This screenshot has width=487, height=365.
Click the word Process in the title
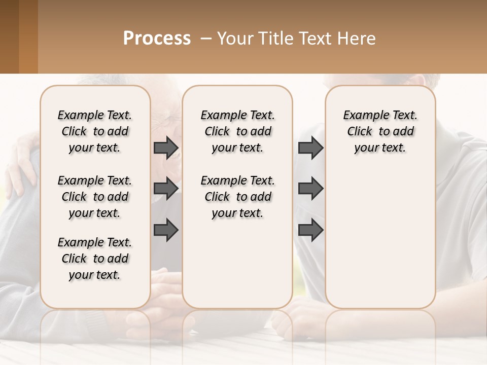click(x=157, y=39)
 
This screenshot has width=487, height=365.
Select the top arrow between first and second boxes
click(x=166, y=148)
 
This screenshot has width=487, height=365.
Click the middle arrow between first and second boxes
click(x=166, y=189)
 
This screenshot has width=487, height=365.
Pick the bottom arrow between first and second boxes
click(x=166, y=230)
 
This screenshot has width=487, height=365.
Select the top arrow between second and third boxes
click(x=310, y=148)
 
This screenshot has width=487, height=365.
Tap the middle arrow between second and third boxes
click(x=310, y=189)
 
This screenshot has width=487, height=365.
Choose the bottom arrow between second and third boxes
click(x=310, y=230)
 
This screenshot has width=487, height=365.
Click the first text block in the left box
click(x=95, y=131)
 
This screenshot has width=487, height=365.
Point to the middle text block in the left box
click(x=95, y=197)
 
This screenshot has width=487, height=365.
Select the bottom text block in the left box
click(x=95, y=259)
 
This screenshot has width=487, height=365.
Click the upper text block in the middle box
click(x=237, y=131)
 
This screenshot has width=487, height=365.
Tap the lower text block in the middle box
click(x=237, y=197)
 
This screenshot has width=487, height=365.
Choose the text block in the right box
click(x=380, y=131)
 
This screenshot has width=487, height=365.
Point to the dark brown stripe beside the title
click(x=9, y=36)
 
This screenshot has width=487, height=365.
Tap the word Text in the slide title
click(x=317, y=39)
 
